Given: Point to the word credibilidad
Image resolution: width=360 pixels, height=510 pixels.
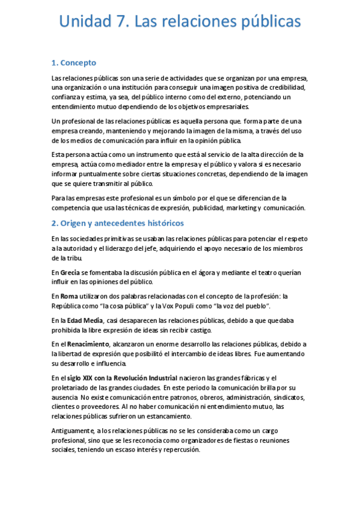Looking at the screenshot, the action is pos(285,88).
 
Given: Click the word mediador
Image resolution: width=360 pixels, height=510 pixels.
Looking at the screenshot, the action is pos(126,164).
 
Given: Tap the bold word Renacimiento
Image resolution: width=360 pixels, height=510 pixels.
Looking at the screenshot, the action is pos(85,344).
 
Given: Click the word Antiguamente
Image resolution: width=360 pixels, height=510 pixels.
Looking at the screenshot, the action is pos(73,431).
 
